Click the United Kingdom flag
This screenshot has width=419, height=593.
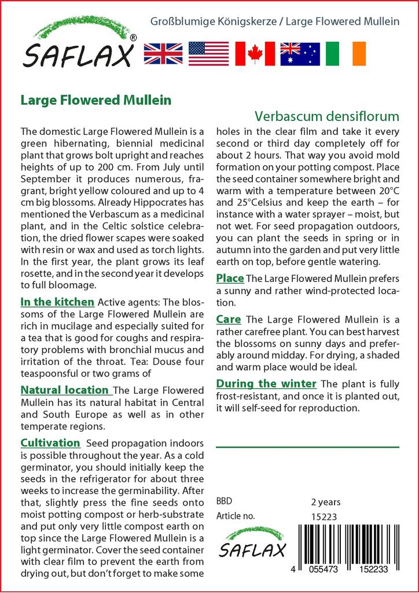click(163, 53)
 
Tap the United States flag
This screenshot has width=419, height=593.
click(209, 53)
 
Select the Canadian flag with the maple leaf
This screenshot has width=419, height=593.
click(255, 53)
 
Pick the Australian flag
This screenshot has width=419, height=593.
click(300, 53)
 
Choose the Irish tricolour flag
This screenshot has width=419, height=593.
click(346, 53)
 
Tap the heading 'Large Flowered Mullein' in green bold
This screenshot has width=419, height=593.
click(95, 100)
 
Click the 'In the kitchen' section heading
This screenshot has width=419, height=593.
click(57, 302)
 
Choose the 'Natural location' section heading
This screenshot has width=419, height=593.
click(64, 390)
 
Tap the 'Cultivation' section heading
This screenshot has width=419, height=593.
click(50, 443)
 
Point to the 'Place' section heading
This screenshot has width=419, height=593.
click(230, 278)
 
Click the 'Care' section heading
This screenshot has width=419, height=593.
click(229, 319)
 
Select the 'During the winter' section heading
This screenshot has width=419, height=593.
click(266, 383)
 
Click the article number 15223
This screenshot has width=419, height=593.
click(325, 517)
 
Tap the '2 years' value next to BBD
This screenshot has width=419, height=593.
click(326, 502)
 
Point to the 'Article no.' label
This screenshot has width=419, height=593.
click(236, 516)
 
